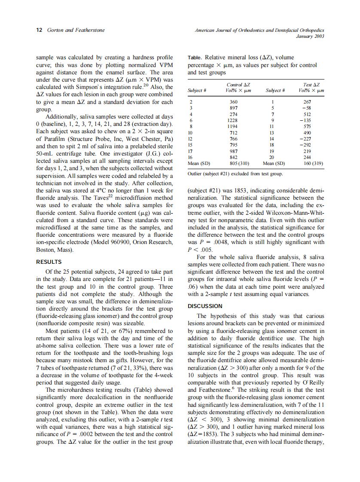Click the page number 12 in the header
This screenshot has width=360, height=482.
[x=39, y=30]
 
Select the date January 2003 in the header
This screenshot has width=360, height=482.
[x=310, y=36]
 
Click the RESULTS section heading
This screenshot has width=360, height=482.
[x=49, y=262]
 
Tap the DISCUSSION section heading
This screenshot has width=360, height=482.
[x=205, y=306]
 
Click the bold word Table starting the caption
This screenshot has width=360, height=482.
[x=195, y=58]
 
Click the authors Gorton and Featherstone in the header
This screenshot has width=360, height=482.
[x=76, y=30]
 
